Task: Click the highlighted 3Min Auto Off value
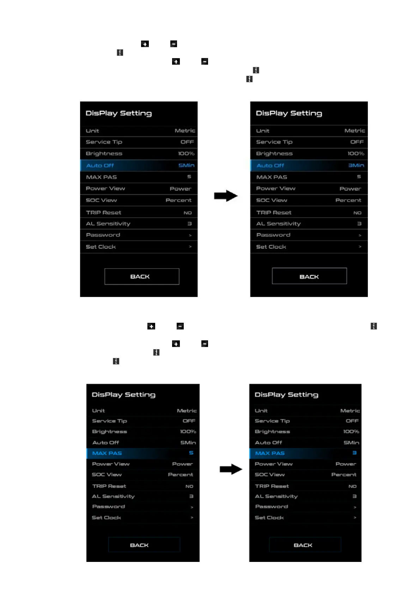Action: click(356, 165)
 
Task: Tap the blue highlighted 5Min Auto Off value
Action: click(186, 165)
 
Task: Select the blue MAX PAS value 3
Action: click(354, 453)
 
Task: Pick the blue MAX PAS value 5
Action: click(191, 453)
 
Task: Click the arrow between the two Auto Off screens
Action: click(226, 196)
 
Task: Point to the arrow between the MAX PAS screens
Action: click(231, 469)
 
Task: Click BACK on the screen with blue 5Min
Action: click(141, 277)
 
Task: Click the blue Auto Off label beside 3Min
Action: click(270, 165)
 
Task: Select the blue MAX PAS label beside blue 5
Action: click(107, 453)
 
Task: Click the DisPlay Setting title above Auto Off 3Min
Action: click(289, 113)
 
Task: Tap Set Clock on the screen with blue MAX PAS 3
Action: click(269, 517)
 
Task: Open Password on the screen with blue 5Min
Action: click(103, 235)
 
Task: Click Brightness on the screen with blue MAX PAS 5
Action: click(109, 431)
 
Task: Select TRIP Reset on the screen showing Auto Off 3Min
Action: click(274, 212)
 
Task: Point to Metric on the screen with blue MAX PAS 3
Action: click(350, 411)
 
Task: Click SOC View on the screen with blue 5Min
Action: click(101, 200)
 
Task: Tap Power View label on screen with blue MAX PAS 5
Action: click(111, 464)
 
